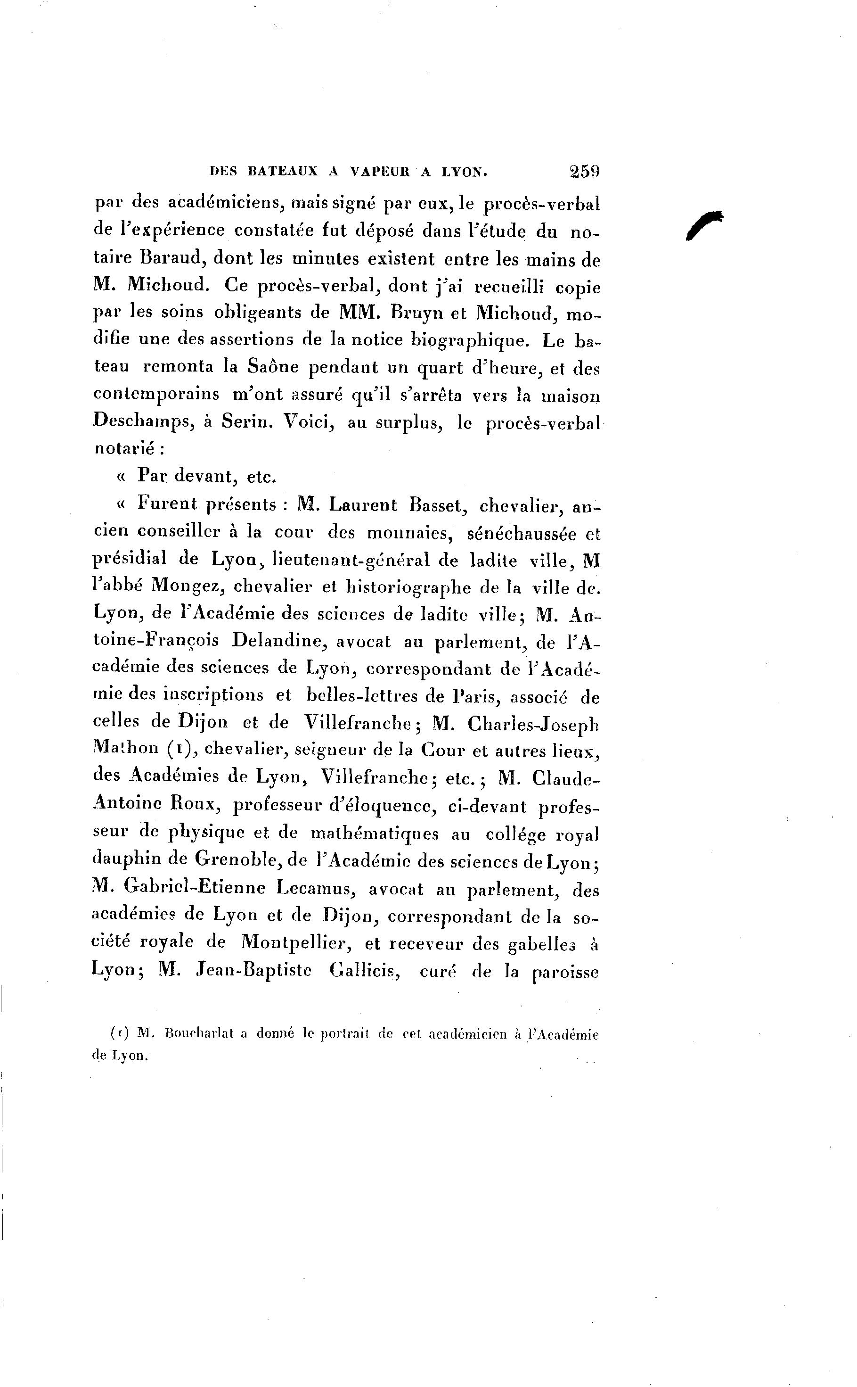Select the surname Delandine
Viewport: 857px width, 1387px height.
pos(278,641)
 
